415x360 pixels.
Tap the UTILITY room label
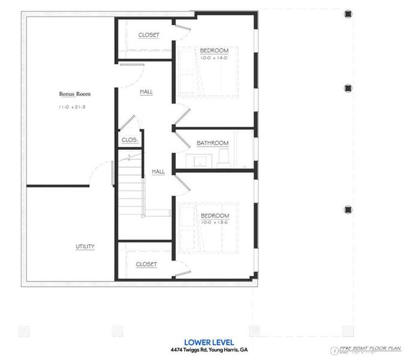(85, 247)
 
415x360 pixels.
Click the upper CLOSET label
(149, 35)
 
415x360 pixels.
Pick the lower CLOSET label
(147, 264)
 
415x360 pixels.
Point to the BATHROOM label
(213, 143)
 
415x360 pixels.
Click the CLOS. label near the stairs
(130, 140)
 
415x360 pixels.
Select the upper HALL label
(146, 92)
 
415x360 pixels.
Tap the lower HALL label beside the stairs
(158, 172)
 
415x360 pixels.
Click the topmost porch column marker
(347, 13)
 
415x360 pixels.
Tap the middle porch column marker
(347, 88)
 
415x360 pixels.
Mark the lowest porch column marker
(347, 209)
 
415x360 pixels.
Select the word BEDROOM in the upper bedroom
(215, 50)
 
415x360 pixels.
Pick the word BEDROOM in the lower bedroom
(215, 215)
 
